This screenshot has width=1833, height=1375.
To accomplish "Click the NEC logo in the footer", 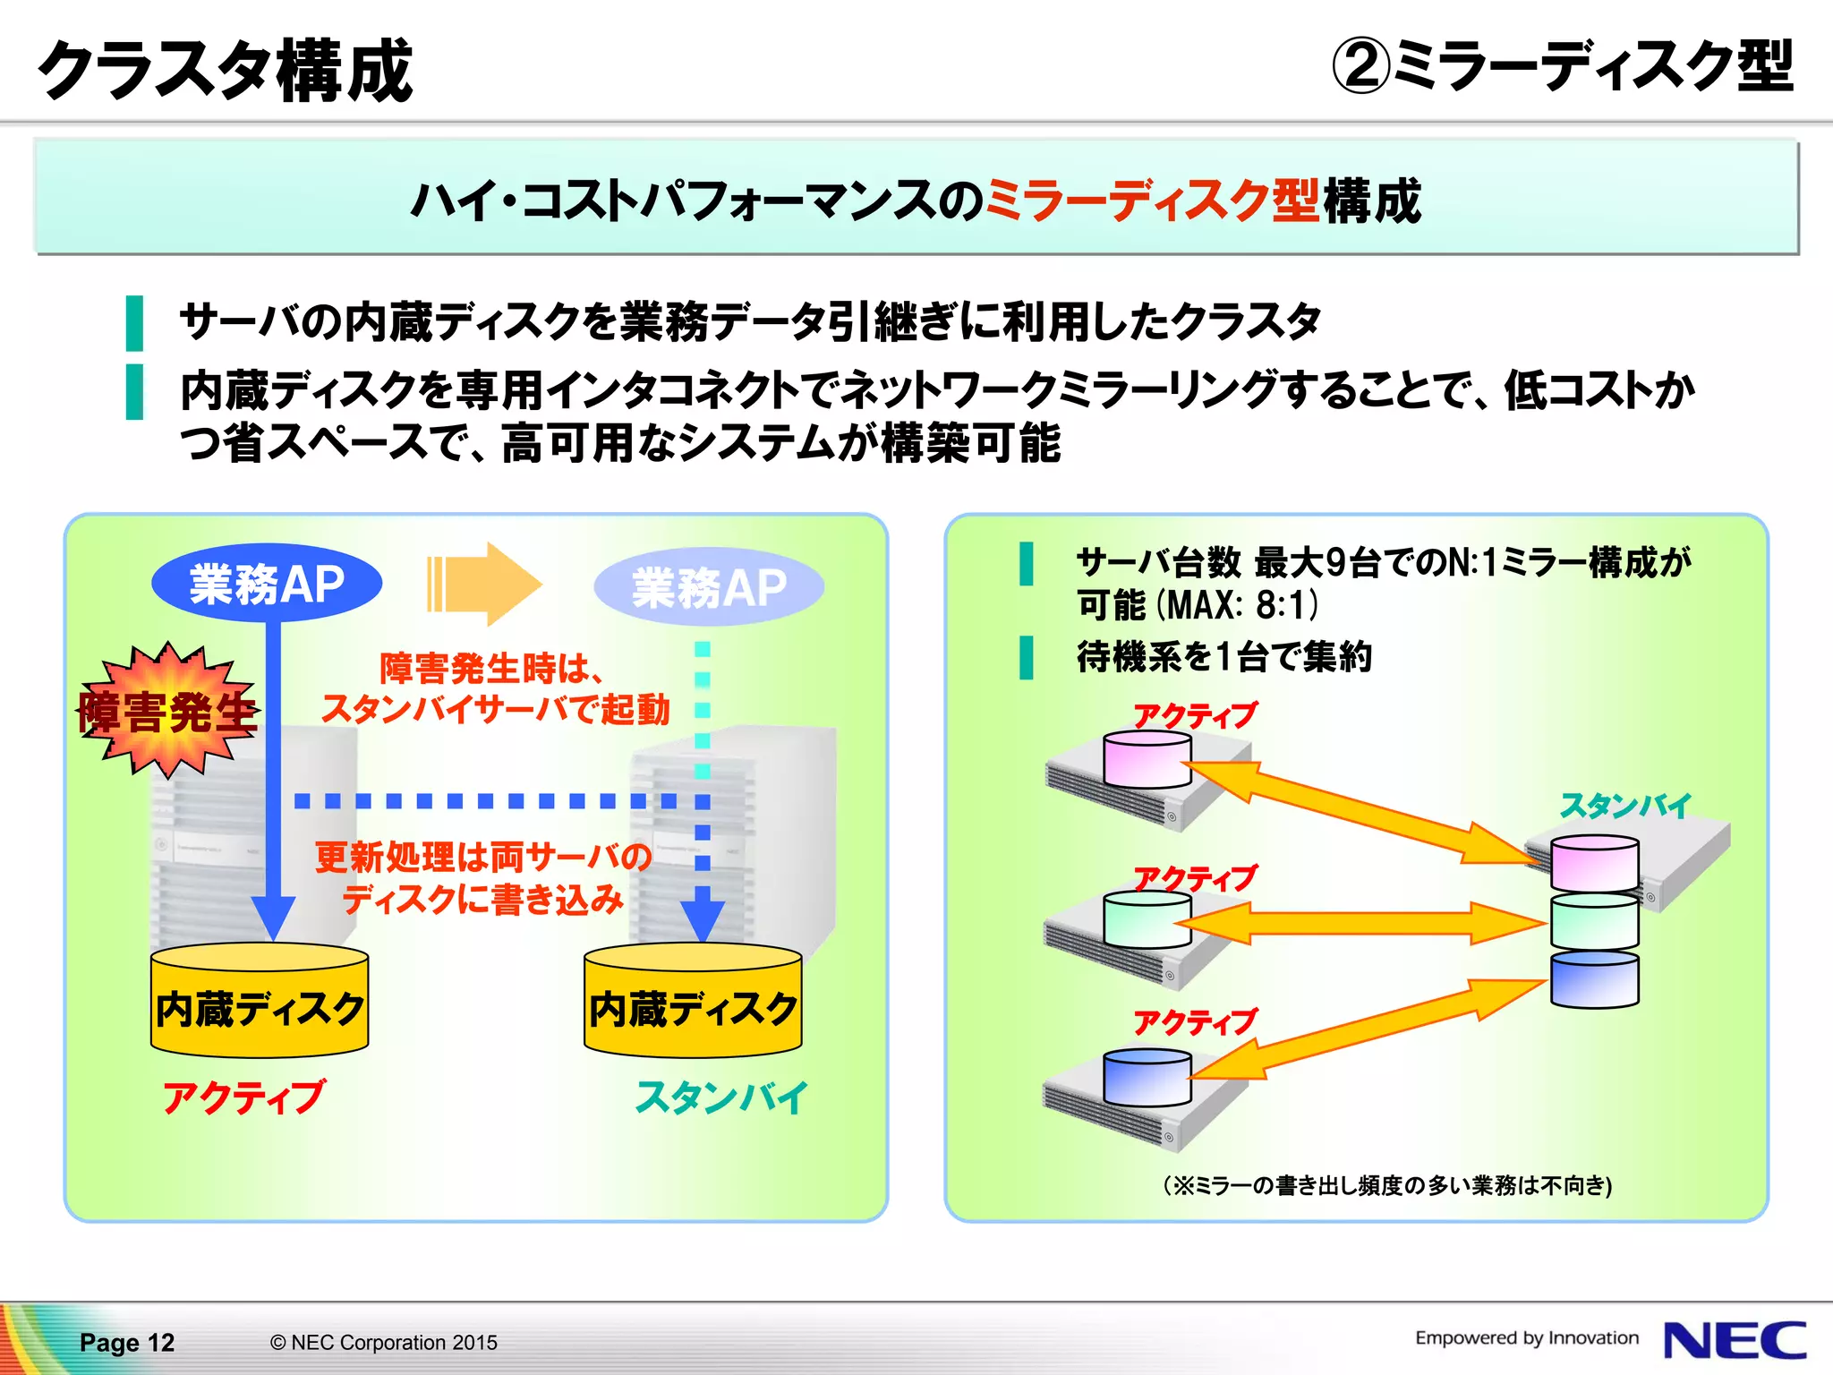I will pyautogui.click(x=1734, y=1340).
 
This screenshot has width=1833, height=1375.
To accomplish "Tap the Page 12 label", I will pyautogui.click(x=127, y=1342).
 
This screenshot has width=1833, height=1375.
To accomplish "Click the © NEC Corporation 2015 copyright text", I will pyautogui.click(x=383, y=1342).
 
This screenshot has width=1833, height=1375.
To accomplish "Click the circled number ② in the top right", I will pyautogui.click(x=1360, y=66).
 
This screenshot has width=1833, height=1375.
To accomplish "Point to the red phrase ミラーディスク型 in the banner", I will pyautogui.click(x=1151, y=200).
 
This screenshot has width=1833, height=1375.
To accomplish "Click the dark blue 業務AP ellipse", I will pyautogui.click(x=267, y=584).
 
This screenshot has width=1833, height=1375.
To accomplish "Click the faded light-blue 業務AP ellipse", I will pyautogui.click(x=709, y=587).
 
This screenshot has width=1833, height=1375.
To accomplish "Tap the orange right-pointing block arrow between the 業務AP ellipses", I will pyautogui.click(x=484, y=584).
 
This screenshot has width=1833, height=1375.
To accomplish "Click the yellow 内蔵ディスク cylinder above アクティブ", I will pyautogui.click(x=260, y=1001).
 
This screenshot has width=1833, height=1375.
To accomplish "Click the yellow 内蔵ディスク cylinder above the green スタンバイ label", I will pyautogui.click(x=693, y=1001).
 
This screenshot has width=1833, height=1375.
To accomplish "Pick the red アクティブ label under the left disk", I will pyautogui.click(x=243, y=1097).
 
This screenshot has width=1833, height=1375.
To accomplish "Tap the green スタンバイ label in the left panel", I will pyautogui.click(x=721, y=1097).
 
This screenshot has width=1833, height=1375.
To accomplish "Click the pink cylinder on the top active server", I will pyautogui.click(x=1147, y=759).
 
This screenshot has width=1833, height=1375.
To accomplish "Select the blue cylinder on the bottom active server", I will pyautogui.click(x=1147, y=1078).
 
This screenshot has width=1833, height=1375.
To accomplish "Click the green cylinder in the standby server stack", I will pyautogui.click(x=1594, y=922).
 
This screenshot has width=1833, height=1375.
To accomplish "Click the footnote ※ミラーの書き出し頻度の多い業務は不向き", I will pyautogui.click(x=1387, y=1185).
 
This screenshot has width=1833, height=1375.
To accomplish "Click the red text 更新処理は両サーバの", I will pyautogui.click(x=482, y=857).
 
